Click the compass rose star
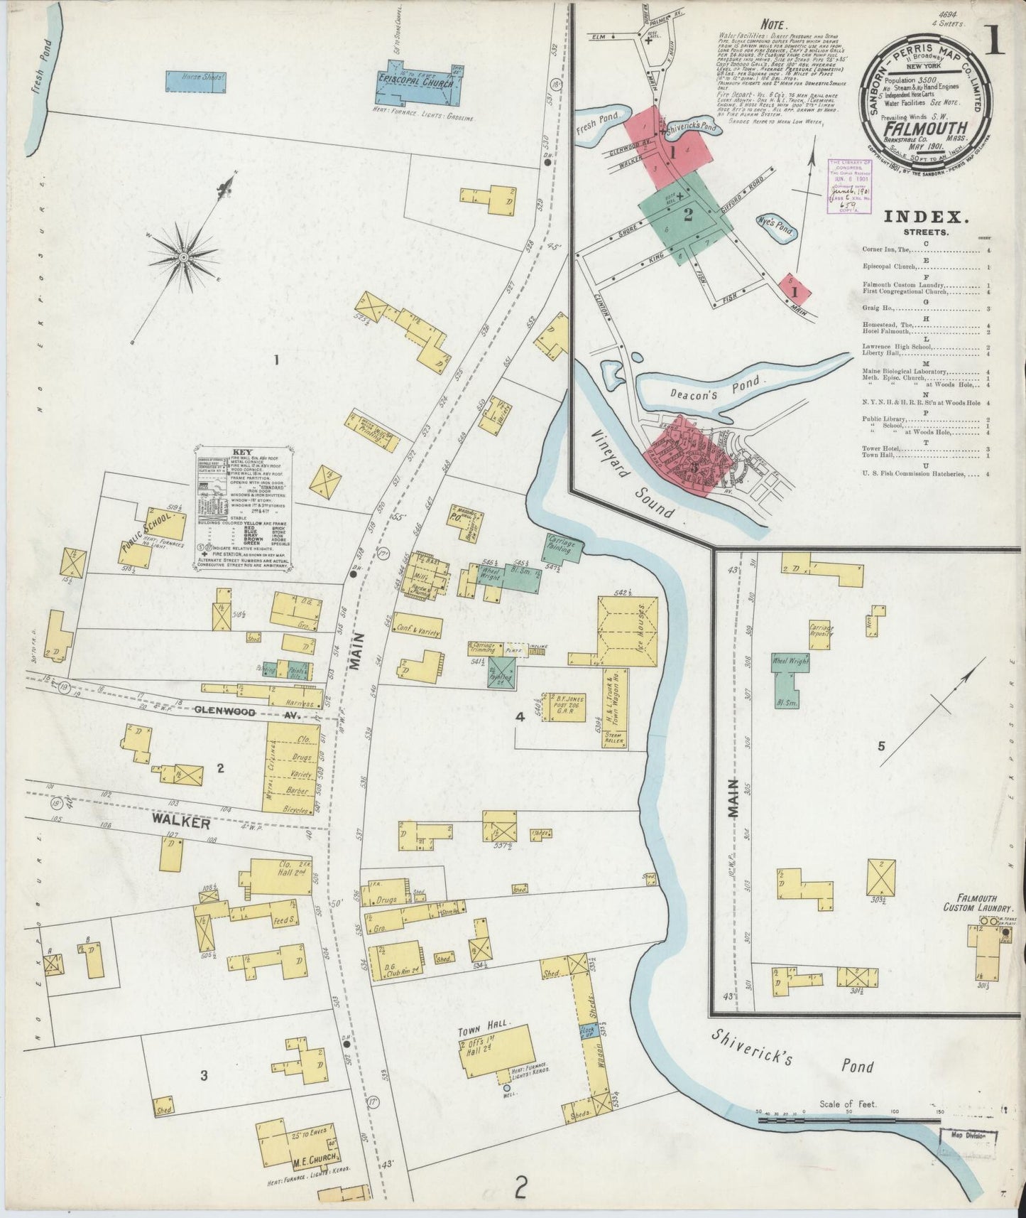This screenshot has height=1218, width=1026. coord(182,256)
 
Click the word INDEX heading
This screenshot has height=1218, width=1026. coord(922,217)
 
